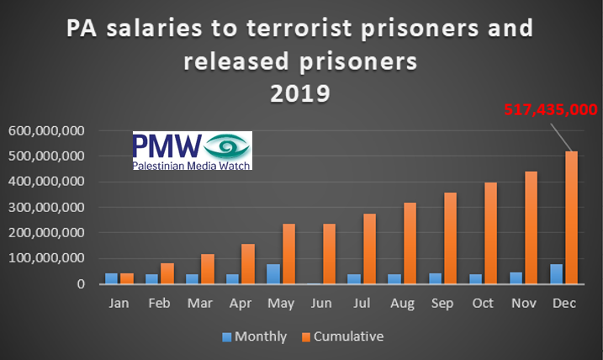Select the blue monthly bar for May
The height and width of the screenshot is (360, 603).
[x=273, y=273]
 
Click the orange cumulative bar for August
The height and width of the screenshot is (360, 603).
[x=409, y=243]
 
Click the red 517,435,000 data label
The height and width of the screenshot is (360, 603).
[x=550, y=109]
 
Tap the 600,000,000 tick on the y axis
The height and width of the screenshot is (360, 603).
[x=45, y=131]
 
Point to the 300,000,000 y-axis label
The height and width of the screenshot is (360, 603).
[x=45, y=208]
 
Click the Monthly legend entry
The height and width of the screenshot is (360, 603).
[x=253, y=336]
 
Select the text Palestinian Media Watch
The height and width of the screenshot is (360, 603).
[x=190, y=165]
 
